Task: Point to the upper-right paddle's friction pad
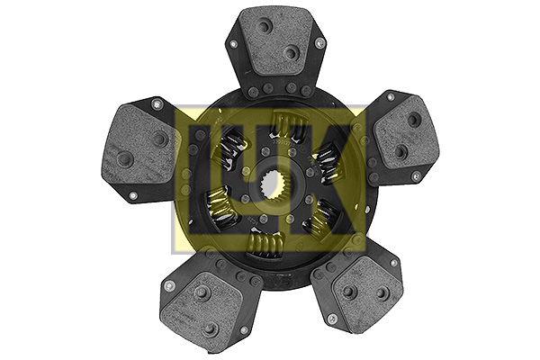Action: pyautogui.click(x=407, y=132)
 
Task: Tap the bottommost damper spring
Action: pyautogui.click(x=265, y=244)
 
